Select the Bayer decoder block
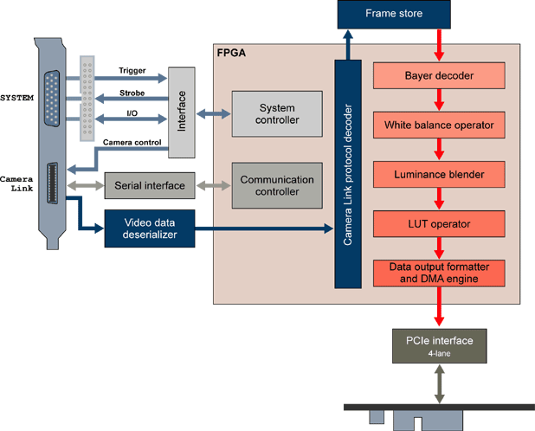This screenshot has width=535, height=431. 438,75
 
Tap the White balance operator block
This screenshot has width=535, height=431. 438,125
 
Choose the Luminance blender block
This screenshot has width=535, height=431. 438,174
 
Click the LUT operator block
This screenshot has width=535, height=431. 438,223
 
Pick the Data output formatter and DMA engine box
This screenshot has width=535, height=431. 438,273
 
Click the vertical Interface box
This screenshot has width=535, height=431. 182,113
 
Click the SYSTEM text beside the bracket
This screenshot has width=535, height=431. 16,97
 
